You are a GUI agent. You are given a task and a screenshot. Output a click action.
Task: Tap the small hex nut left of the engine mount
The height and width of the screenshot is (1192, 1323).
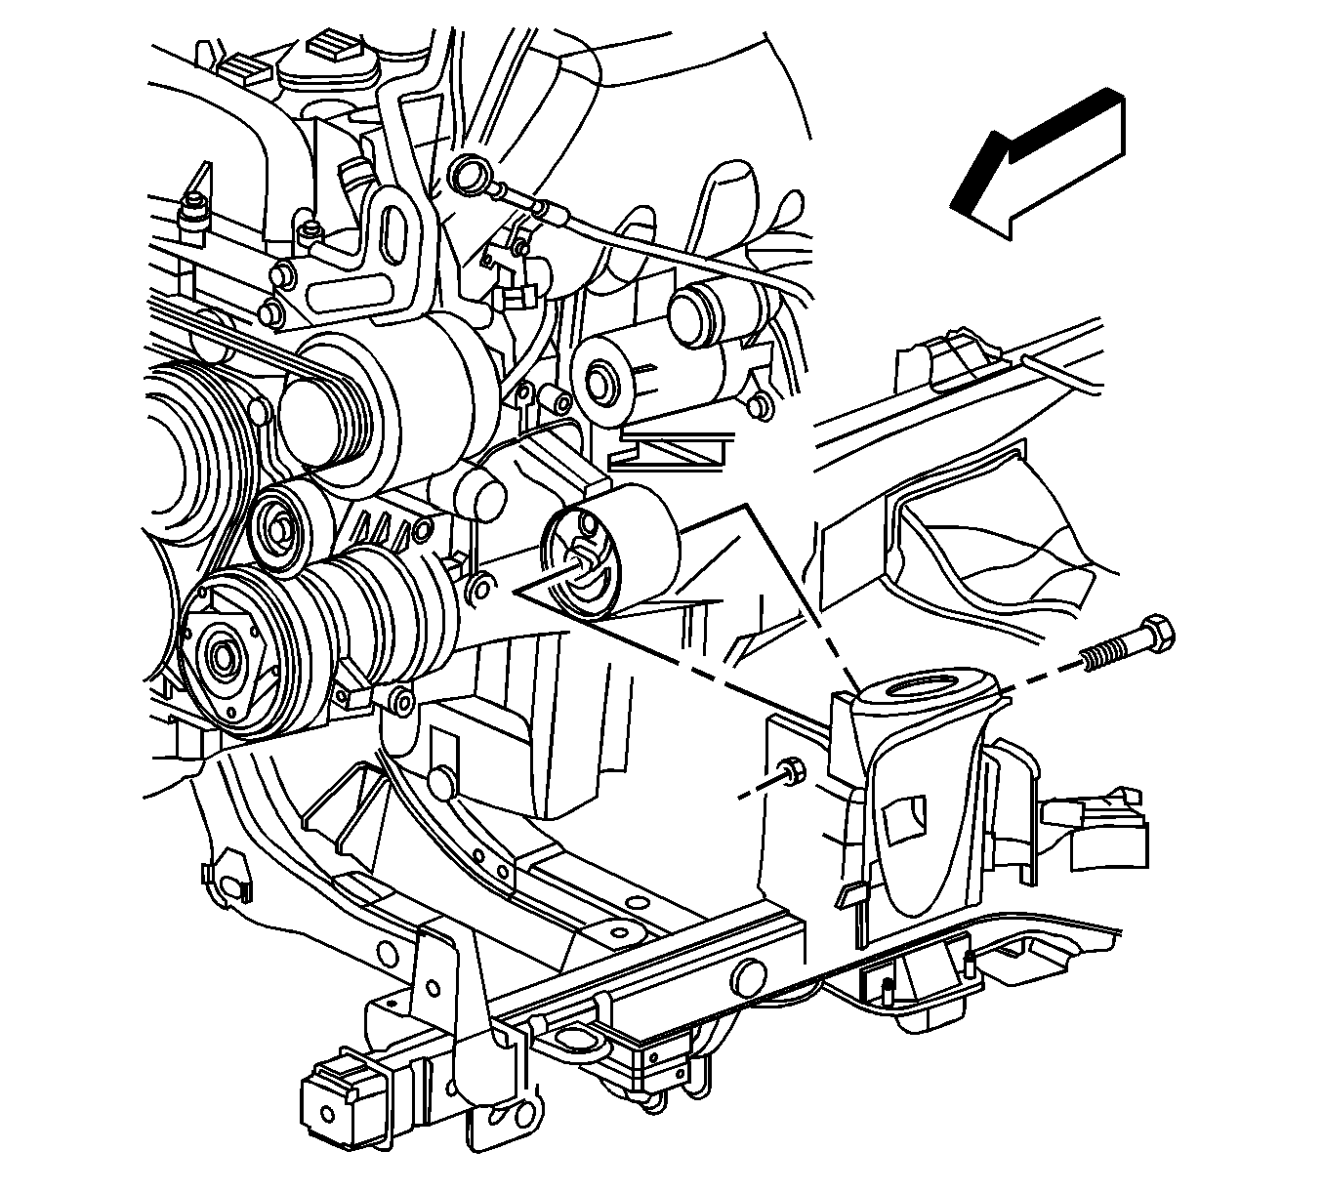point(792,771)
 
